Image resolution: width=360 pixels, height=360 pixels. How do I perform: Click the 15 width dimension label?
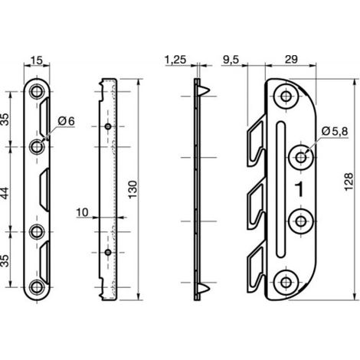[37, 61]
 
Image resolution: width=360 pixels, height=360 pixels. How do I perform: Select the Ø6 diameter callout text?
[67, 121]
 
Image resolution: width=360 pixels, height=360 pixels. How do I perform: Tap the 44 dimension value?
[5, 194]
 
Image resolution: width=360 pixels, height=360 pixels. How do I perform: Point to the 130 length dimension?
[133, 189]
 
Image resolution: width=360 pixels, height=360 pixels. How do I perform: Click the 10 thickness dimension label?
[82, 212]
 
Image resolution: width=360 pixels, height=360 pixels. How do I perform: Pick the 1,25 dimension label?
[175, 60]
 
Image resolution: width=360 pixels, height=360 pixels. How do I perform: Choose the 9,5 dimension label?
[231, 60]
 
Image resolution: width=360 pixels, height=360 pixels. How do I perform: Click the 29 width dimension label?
[291, 59]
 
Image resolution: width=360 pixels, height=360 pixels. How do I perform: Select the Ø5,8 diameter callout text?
[335, 131]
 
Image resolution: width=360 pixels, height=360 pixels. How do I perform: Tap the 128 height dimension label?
[349, 182]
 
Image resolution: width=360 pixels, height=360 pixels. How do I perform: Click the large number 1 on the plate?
[299, 189]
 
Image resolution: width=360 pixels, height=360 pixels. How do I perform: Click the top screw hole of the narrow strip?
[37, 91]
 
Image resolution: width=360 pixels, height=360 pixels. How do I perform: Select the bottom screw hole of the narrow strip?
[37, 287]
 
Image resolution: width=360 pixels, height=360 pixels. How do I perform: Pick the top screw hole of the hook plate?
[286, 97]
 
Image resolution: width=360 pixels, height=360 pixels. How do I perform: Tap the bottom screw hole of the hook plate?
[286, 283]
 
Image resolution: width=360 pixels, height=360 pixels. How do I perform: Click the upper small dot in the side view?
[108, 126]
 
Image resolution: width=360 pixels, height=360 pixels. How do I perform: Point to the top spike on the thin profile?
[204, 90]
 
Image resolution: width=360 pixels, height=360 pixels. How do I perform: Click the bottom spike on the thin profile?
[204, 288]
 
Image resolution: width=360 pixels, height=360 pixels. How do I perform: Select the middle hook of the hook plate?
[256, 205]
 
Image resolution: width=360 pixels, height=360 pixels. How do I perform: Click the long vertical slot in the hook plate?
[280, 189]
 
